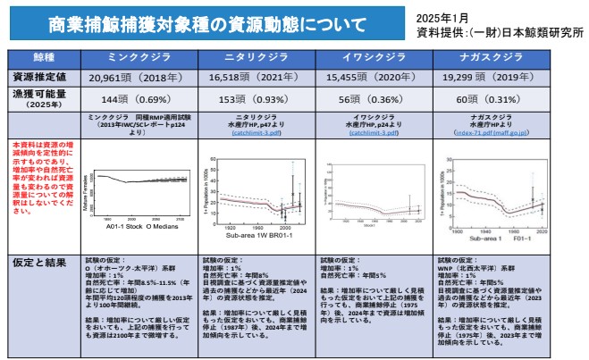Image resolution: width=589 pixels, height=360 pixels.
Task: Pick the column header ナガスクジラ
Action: coord(486,57)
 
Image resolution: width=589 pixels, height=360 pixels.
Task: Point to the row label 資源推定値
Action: coord(43,78)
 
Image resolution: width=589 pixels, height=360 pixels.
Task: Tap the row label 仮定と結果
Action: coord(41,263)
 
